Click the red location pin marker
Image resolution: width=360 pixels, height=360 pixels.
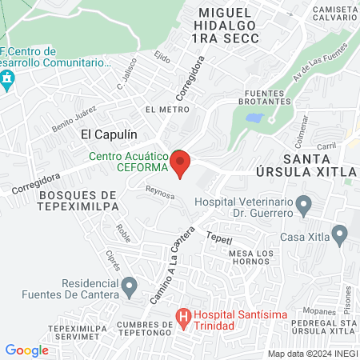pos(181,163)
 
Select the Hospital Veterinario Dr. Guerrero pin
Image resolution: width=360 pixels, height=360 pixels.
pos(303,206)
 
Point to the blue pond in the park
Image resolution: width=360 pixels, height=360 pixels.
pos(254,118)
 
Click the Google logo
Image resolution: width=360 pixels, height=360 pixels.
pos(27,350)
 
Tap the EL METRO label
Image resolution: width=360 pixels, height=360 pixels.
pos(161,109)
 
